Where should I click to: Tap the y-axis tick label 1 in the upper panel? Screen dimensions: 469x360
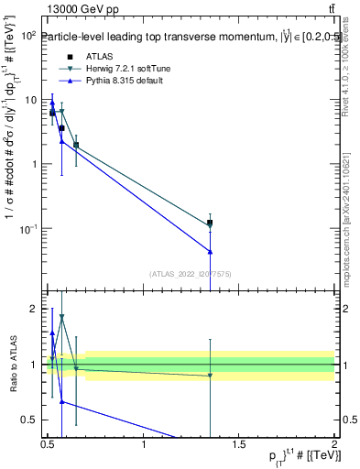click(32, 164)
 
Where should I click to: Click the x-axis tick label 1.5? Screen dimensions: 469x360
click(240, 444)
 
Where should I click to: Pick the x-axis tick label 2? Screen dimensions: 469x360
click(335, 444)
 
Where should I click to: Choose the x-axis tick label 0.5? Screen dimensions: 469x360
click(49, 444)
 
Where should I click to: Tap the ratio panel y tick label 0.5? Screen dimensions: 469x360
click(27, 420)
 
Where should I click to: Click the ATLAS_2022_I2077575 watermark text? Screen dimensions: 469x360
click(191, 273)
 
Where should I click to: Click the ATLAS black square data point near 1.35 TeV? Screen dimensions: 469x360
click(211, 223)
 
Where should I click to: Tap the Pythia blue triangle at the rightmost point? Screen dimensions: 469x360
click(211, 251)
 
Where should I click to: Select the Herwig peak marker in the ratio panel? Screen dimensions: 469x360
click(61, 317)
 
